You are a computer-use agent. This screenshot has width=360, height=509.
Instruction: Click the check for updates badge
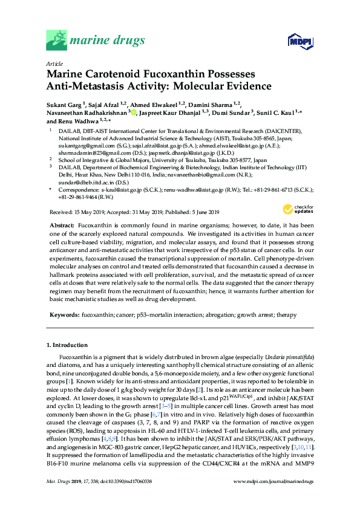297,210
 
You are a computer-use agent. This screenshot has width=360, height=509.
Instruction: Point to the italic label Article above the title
54,63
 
